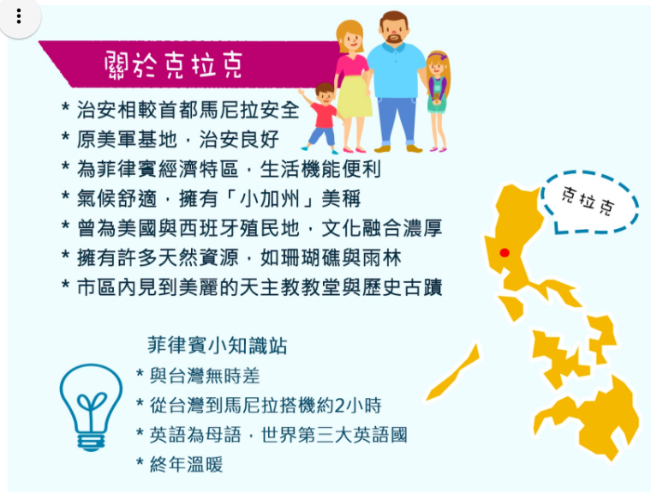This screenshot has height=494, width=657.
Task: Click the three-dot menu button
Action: pos(19,16)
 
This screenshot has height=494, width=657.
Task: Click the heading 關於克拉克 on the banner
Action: pos(173,65)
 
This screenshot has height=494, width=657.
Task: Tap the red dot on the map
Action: pos(505,253)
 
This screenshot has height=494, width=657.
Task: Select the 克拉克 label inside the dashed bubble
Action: pos(588,201)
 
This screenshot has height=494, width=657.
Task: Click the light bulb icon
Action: pos(91,407)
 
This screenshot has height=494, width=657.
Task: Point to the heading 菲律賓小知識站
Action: pos(217,346)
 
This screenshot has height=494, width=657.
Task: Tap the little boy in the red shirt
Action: pos(322,117)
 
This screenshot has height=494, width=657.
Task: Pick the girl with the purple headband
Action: pos(438,100)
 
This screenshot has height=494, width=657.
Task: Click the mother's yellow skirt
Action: pos(355,96)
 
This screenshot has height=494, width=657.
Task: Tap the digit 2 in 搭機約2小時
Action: pos(340,406)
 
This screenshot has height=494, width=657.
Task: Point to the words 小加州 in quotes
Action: pos(269,199)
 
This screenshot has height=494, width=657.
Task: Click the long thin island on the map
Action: pos(453,372)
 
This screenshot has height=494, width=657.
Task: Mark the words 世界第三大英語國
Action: pos(334,436)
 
